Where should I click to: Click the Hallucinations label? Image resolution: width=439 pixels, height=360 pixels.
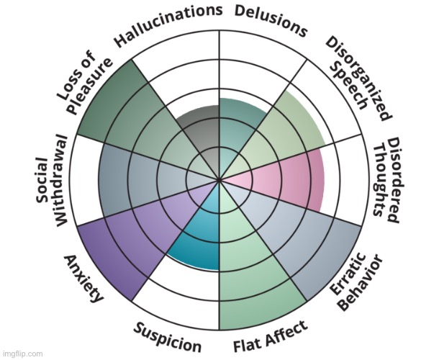coord(168,25)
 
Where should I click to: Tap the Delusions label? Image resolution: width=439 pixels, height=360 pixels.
coord(271,21)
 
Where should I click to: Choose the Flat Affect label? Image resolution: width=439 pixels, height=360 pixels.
coord(271,337)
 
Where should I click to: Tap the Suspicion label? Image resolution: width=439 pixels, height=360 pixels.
coord(167,336)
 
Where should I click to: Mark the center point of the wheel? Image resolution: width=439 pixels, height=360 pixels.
coord(219,179)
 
